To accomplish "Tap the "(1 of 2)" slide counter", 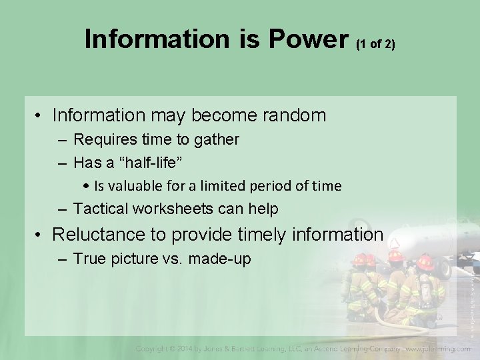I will (x=376, y=45).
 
